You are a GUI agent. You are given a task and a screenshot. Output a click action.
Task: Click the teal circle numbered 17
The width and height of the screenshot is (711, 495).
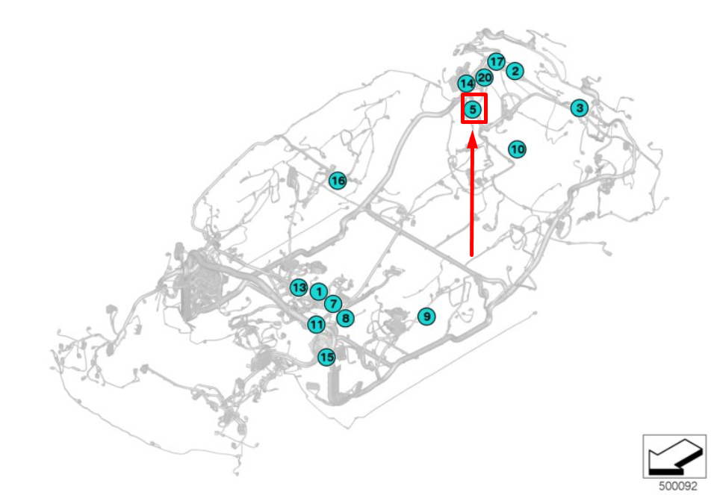[x=496, y=61]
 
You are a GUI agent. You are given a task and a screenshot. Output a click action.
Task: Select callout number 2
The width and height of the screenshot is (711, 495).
[x=515, y=71]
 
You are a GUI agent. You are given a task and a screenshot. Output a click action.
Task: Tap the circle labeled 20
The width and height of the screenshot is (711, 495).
[x=484, y=78]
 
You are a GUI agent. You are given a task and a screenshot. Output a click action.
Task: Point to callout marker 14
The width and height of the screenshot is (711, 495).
[x=467, y=84]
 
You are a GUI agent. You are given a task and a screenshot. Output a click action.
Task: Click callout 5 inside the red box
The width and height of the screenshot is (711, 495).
[x=473, y=109]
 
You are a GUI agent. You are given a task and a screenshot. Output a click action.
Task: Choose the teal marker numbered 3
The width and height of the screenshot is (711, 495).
[x=580, y=108]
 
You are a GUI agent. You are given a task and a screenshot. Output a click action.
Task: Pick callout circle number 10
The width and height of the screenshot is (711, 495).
[x=517, y=149]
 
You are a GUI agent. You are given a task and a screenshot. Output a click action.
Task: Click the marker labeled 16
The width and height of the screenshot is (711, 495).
[x=338, y=181]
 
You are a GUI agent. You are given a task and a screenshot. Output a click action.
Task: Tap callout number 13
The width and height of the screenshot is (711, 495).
[x=299, y=287]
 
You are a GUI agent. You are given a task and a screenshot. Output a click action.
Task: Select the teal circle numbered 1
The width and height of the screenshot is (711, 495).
[x=319, y=292]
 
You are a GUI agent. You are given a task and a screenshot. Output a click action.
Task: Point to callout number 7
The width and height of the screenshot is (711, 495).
[x=333, y=304]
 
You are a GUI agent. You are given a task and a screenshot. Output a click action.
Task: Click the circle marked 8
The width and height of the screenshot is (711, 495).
[x=346, y=318]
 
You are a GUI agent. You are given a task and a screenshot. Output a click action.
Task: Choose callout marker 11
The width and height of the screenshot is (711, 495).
[x=317, y=325]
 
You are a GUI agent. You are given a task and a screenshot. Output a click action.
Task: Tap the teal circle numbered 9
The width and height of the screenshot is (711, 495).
[x=426, y=317]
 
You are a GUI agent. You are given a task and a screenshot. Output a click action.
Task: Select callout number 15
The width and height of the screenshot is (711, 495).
[x=326, y=357]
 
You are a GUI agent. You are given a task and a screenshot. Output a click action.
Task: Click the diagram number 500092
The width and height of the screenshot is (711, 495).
[x=678, y=486]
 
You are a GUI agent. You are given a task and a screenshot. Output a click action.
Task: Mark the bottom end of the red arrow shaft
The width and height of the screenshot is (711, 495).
[x=471, y=255]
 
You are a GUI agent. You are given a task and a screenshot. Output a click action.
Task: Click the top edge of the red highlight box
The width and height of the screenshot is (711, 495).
[x=474, y=95]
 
